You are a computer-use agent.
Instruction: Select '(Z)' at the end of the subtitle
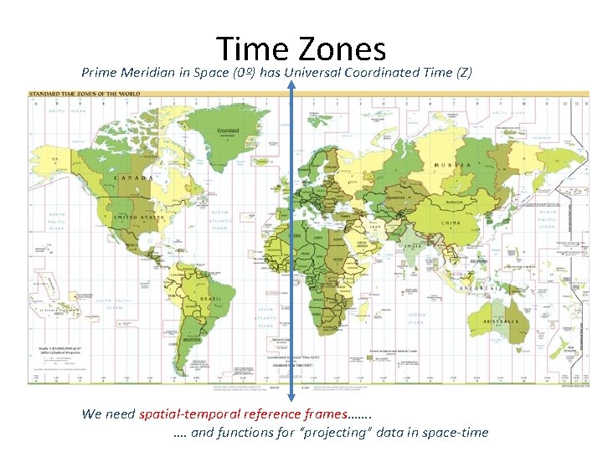[464, 73]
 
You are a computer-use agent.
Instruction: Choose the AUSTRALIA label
[501, 321]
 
